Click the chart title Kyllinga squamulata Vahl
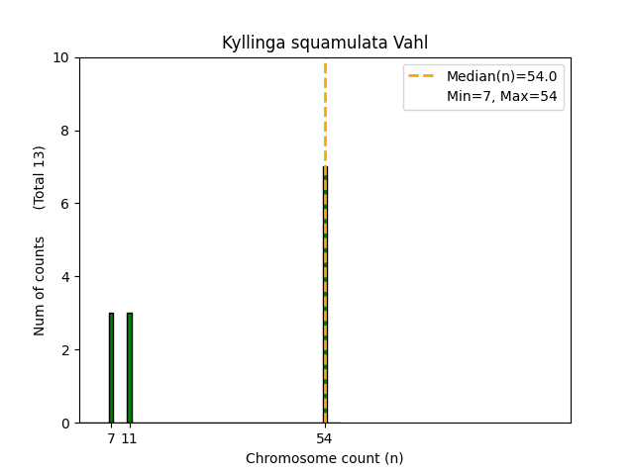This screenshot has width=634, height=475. coord(325,43)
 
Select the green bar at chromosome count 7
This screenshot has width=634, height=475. coord(111,368)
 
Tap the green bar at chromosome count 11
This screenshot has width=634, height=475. coord(129,368)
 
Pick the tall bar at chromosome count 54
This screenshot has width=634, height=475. coord(325,297)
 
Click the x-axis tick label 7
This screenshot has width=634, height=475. coord(111,438)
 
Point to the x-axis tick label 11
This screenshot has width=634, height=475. coord(129,438)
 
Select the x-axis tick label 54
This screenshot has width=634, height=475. coord(325,438)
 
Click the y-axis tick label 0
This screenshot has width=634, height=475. coord(65,424)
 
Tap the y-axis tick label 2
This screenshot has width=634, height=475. coord(65,350)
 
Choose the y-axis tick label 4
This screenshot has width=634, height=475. coord(65,277)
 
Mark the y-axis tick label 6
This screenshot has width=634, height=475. coord(65,204)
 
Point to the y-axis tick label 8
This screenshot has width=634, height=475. coord(65,131)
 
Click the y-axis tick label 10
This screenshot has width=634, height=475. coord(61,57)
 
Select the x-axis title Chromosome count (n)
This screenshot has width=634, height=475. coord(325,458)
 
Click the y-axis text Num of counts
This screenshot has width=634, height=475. coord(40,286)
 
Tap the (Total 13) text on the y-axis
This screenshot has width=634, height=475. coord(40,177)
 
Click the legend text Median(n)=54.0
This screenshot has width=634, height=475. coord(501,76)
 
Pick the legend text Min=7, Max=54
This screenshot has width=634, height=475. coord(501,96)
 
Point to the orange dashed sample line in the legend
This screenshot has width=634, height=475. coord(423,76)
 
